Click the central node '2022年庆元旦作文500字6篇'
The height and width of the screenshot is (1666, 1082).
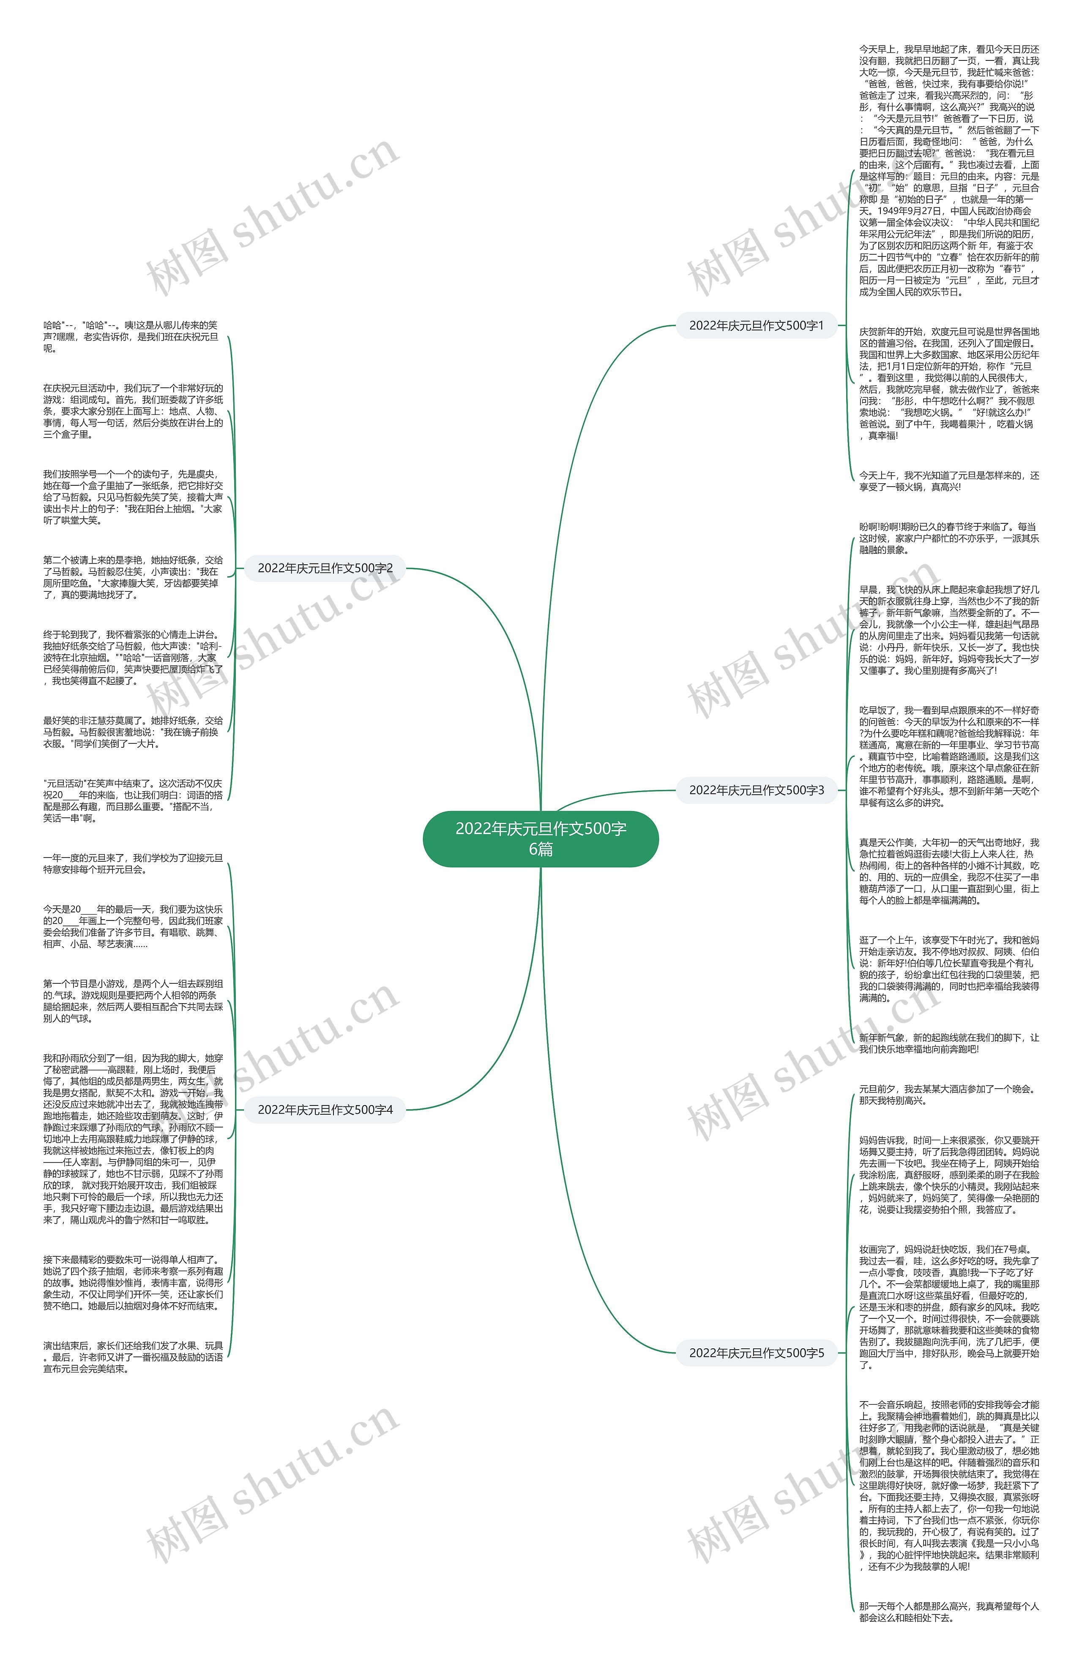[x=540, y=838]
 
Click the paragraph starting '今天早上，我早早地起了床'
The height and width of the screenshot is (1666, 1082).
[x=949, y=170]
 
